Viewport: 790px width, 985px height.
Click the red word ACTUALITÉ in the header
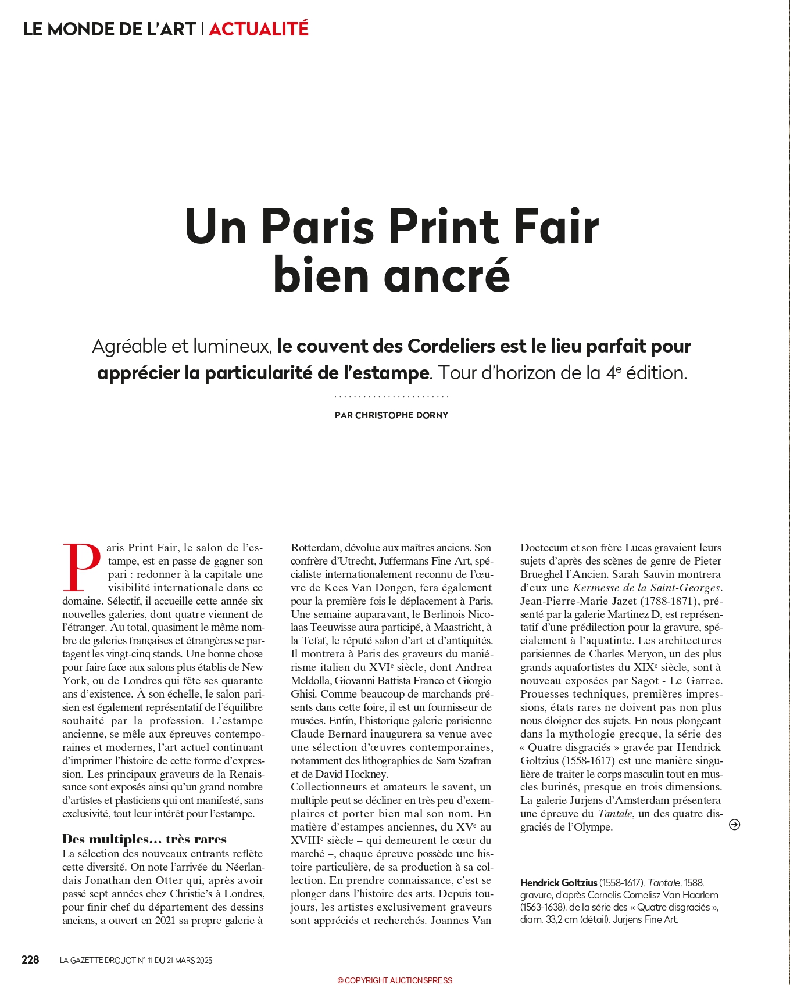(258, 28)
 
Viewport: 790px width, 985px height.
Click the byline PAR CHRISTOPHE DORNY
(391, 415)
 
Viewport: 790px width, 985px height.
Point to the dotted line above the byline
(391, 397)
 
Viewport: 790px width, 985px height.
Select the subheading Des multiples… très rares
(144, 839)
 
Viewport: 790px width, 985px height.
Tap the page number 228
(30, 959)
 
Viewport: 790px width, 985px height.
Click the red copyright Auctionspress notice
(395, 980)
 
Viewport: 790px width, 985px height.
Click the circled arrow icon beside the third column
(734, 825)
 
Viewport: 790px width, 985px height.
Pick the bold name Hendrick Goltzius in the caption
(558, 883)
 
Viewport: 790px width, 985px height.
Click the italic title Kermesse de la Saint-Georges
(646, 588)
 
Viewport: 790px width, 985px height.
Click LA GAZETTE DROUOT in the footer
(97, 961)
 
